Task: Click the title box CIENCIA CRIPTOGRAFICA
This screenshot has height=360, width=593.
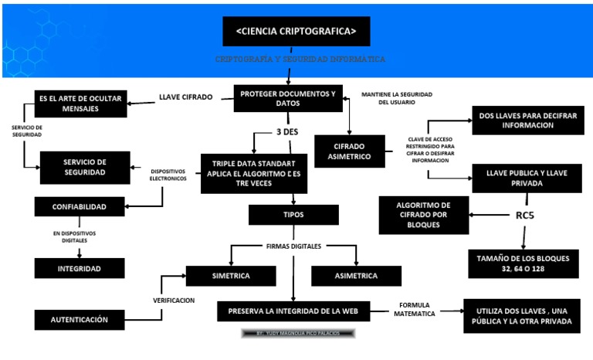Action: point(296,32)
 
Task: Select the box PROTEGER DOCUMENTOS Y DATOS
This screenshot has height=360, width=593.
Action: point(288,99)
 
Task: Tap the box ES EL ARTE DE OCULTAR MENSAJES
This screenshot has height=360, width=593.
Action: point(81,104)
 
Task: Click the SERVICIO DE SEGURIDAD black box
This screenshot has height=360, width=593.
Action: point(84,167)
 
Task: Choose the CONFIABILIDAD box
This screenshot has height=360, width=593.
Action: point(79,207)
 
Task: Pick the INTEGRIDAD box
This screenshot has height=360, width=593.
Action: point(79,268)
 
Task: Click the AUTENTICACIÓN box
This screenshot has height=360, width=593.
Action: point(80,318)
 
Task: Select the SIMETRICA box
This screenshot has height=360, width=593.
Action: point(230,276)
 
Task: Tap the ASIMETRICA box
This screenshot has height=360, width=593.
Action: point(356,276)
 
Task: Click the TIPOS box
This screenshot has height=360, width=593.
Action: point(293,214)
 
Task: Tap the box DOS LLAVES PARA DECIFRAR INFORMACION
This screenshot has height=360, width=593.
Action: point(527,121)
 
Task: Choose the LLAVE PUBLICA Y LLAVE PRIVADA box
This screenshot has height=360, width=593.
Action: point(527,178)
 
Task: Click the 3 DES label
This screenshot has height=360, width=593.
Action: point(287,132)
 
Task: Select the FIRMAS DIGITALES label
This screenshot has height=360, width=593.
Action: point(293,246)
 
